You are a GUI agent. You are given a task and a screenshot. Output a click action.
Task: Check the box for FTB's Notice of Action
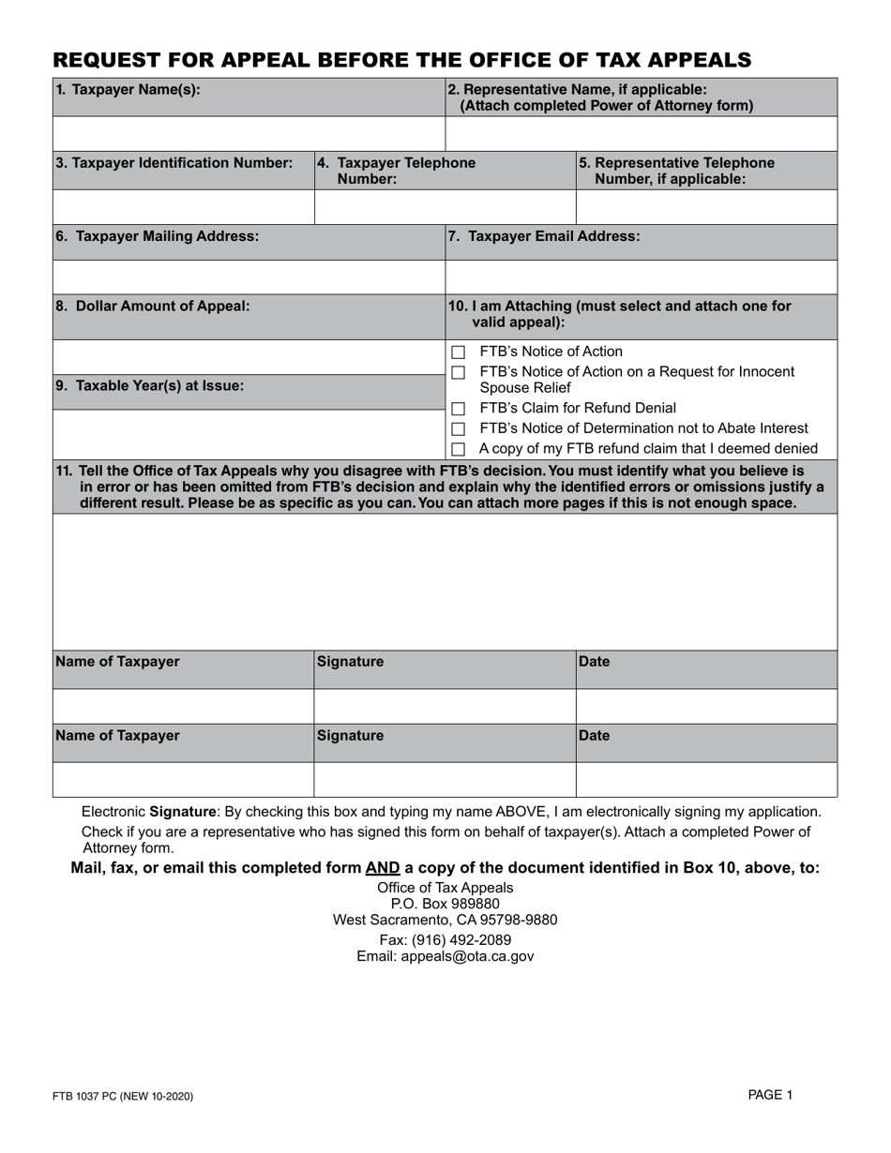(x=458, y=352)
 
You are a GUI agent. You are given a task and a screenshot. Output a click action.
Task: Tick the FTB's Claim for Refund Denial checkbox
(x=458, y=409)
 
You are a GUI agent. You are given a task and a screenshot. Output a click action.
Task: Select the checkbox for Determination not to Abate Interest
(x=458, y=429)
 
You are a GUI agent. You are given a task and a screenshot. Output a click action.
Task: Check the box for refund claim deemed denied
(x=458, y=450)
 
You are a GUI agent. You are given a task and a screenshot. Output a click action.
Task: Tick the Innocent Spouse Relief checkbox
(x=458, y=373)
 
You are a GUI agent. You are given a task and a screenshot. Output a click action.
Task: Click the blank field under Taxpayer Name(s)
(x=249, y=133)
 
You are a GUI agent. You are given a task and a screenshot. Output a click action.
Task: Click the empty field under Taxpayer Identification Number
(x=184, y=206)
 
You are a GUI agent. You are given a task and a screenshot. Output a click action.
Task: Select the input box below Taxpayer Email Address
(x=641, y=277)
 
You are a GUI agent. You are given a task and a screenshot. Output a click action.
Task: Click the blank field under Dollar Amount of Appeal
(x=249, y=357)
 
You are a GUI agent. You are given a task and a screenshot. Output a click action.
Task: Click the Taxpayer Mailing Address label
(x=158, y=237)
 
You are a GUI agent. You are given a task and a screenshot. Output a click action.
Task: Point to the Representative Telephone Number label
(x=677, y=171)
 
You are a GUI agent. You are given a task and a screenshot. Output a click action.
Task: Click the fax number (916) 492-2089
(x=445, y=939)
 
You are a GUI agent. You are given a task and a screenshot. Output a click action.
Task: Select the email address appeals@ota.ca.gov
(x=445, y=956)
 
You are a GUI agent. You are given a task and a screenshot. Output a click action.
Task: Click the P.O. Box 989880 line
(x=445, y=904)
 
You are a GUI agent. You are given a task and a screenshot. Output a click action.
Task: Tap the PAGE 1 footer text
(x=770, y=1094)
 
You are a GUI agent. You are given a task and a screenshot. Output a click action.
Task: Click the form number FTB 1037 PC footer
(x=124, y=1096)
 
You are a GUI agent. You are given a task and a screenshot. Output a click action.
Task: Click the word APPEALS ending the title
(x=689, y=61)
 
